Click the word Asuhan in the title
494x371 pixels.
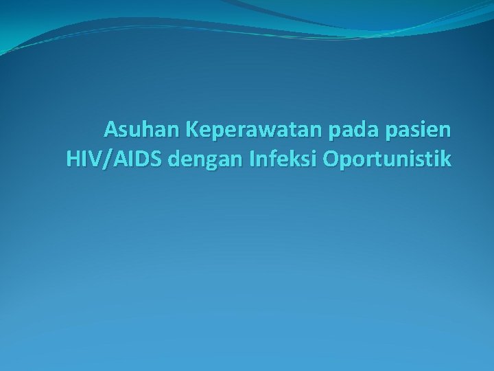(135, 129)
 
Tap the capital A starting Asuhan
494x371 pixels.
(110, 129)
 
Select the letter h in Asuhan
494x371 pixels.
(139, 129)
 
